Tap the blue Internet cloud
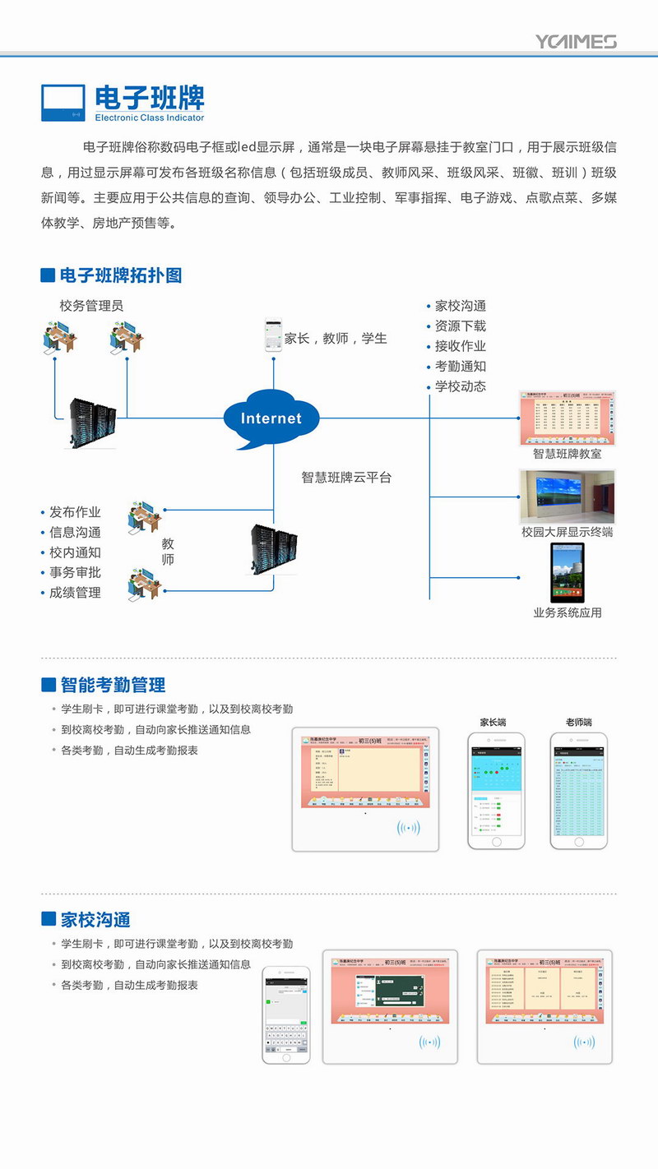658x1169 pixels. click(x=271, y=418)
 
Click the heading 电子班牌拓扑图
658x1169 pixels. click(x=120, y=275)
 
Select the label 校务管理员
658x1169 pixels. click(x=91, y=306)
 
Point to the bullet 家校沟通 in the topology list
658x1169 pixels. click(x=460, y=306)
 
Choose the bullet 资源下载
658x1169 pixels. click(x=460, y=326)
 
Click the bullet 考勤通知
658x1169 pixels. click(x=460, y=367)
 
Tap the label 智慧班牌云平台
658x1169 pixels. click(x=345, y=478)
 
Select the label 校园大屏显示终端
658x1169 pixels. click(x=567, y=532)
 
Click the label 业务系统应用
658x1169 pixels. click(x=567, y=612)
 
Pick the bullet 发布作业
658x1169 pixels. click(x=75, y=512)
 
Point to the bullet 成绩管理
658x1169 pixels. click(x=75, y=593)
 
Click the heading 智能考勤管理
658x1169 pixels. click(x=113, y=685)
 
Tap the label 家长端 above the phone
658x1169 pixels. click(x=493, y=723)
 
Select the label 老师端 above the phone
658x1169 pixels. click(x=578, y=723)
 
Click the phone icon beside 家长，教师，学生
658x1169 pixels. click(x=272, y=336)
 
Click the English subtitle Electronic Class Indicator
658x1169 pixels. click(x=149, y=118)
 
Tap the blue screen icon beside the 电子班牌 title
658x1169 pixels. click(x=63, y=103)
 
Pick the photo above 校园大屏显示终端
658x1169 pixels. click(x=567, y=497)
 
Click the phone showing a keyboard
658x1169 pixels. click(x=286, y=1015)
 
